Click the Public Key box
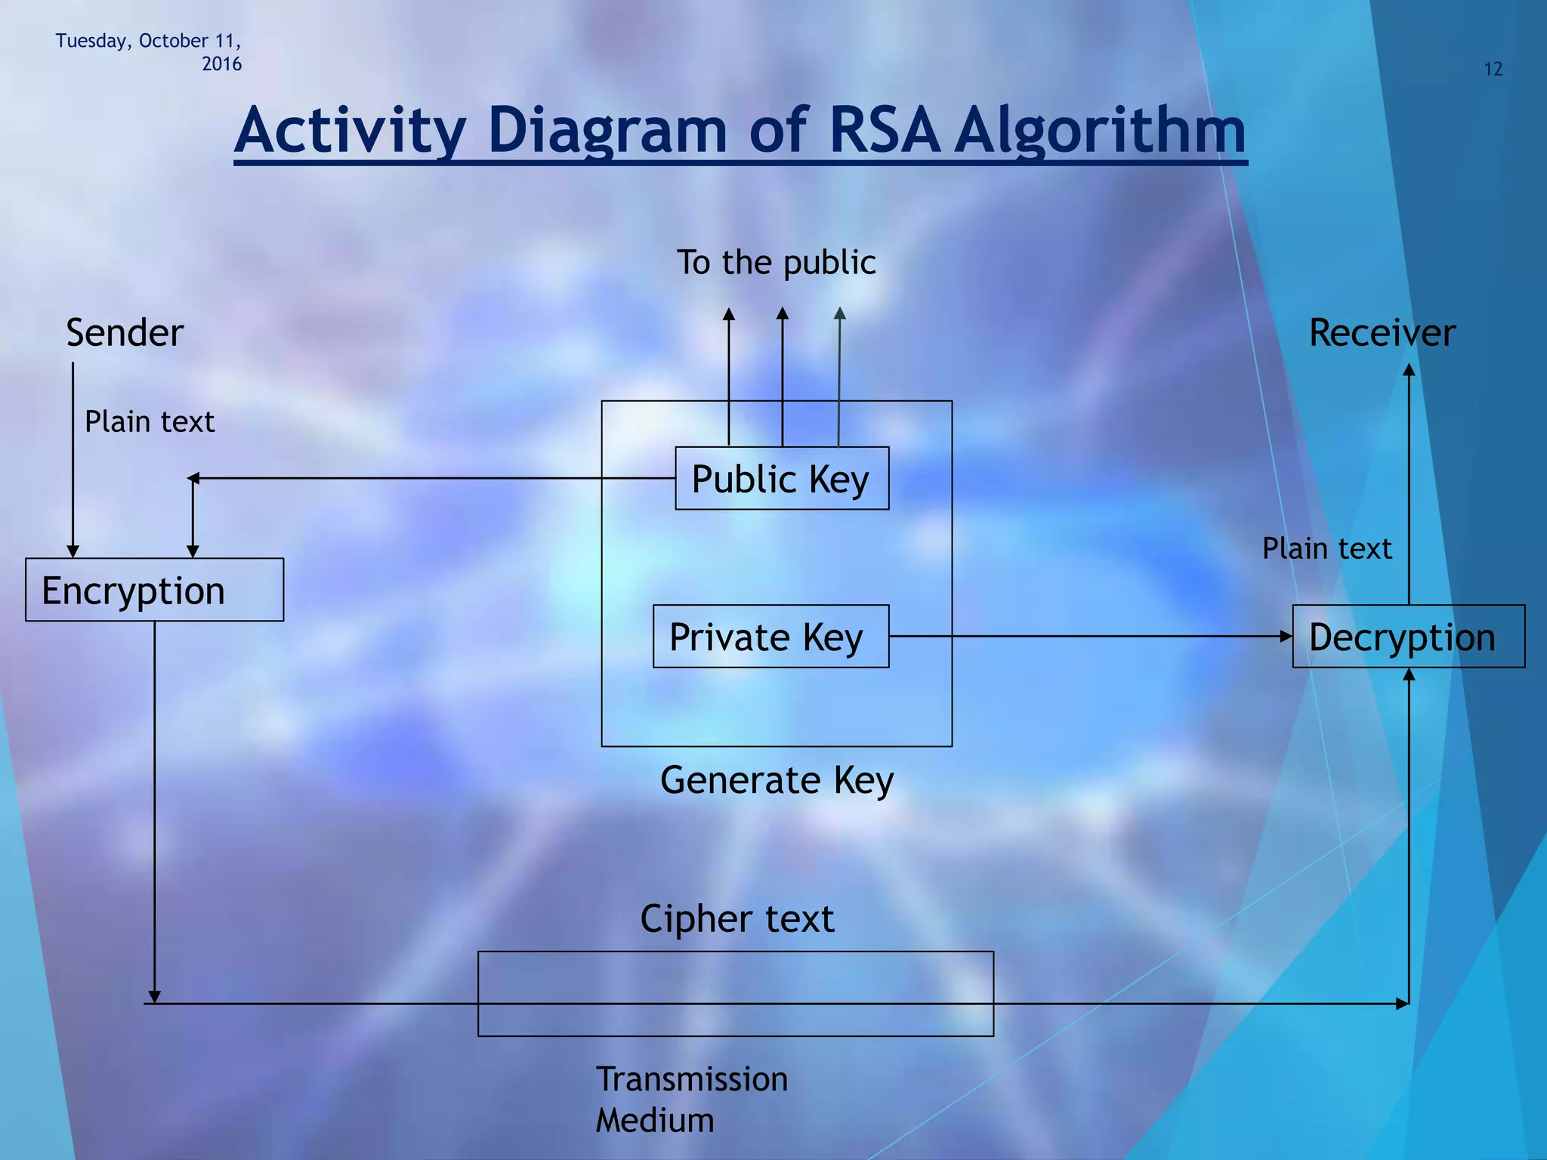click(781, 478)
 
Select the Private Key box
click(770, 636)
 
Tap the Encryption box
click(154, 590)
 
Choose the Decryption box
click(1408, 636)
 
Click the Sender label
click(125, 333)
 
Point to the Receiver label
click(1382, 333)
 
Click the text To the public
click(776, 263)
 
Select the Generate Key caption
click(777, 779)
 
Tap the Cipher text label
click(736, 918)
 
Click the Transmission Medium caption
click(691, 1099)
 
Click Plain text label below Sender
click(149, 421)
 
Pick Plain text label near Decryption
click(1326, 548)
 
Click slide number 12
click(1493, 69)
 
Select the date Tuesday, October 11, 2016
click(149, 51)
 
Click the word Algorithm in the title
click(1100, 130)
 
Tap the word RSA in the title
click(884, 130)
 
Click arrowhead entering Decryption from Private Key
click(1286, 636)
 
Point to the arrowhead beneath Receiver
click(1408, 370)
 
